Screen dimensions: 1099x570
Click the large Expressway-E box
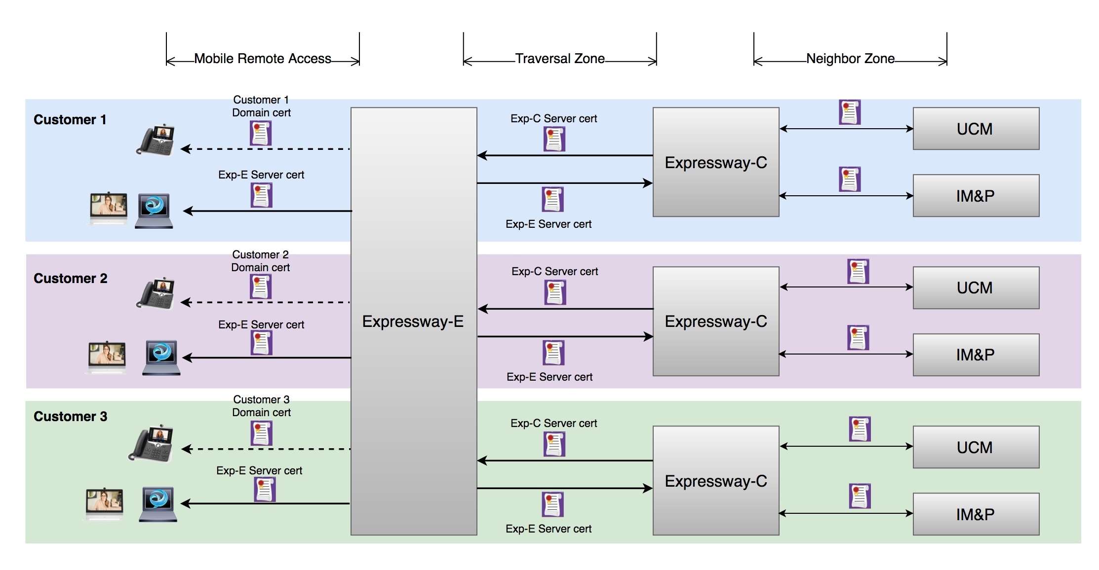click(x=414, y=321)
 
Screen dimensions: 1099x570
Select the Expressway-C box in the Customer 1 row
click(x=716, y=162)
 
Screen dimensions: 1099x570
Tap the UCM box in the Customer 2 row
click(x=976, y=288)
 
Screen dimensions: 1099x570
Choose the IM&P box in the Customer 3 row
click(x=976, y=514)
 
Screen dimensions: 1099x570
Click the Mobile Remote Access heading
click(x=263, y=59)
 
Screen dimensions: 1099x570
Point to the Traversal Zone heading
click(x=560, y=59)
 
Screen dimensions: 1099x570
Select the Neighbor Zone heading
click(x=850, y=59)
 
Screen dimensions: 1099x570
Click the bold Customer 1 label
click(x=70, y=120)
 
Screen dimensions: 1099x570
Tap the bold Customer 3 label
click(x=70, y=417)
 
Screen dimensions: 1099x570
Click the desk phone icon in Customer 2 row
click(x=156, y=293)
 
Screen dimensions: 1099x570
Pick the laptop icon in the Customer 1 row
click(x=154, y=211)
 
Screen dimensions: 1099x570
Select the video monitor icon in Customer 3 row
click(x=105, y=504)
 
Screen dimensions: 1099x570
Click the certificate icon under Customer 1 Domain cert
click(x=261, y=133)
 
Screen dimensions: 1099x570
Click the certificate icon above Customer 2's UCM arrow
click(x=858, y=271)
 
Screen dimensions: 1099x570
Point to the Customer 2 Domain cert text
click(x=261, y=261)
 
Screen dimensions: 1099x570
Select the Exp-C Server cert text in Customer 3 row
click(x=554, y=423)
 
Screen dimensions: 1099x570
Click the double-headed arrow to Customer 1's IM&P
click(x=846, y=196)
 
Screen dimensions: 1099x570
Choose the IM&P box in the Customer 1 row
click(x=976, y=196)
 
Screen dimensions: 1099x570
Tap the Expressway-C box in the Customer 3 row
click(x=716, y=481)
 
